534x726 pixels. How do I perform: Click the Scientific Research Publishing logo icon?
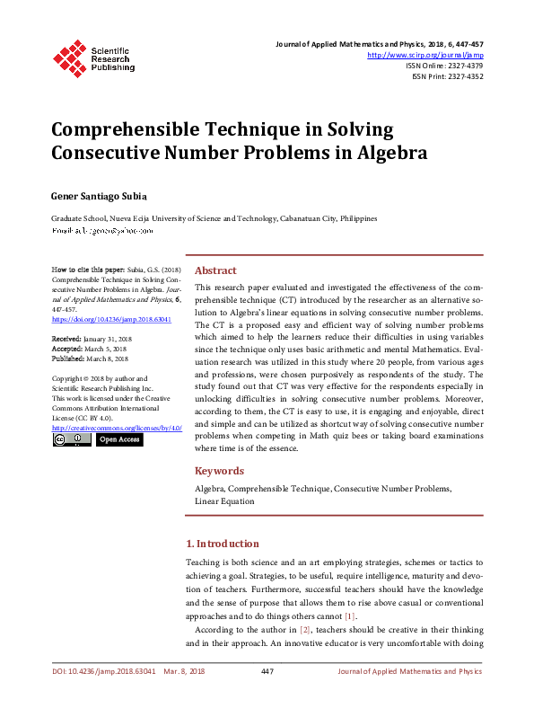click(x=68, y=56)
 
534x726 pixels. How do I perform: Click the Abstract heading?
click(x=215, y=270)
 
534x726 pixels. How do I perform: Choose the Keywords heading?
click(x=219, y=471)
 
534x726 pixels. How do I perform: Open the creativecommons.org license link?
click(x=118, y=427)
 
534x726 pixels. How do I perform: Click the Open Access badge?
click(x=118, y=439)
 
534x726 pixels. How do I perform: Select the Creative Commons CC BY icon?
click(x=70, y=439)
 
